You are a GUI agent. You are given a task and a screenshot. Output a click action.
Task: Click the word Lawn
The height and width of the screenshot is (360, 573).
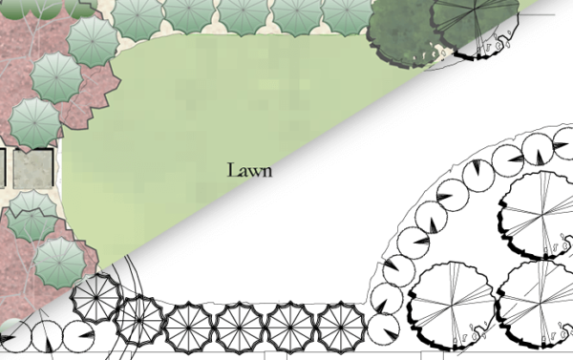pos(249,171)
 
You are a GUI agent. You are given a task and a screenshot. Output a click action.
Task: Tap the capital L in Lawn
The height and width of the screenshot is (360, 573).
pos(232,171)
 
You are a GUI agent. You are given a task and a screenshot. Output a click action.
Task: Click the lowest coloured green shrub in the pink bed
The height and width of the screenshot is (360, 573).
pos(60,260)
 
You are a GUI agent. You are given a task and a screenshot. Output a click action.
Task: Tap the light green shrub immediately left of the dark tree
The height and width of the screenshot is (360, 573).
pos(346,14)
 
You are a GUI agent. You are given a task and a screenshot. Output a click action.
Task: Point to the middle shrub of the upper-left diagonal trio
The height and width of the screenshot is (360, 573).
pos(56,76)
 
